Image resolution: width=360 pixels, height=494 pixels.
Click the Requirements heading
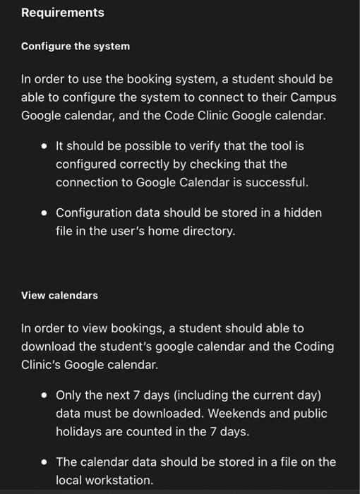62,13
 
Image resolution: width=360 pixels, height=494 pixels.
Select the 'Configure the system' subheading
76,46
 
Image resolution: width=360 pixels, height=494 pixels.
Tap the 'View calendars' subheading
59,295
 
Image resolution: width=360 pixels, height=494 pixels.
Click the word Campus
314,97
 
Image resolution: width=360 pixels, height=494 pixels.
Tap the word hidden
304,212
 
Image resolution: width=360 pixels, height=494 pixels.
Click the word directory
205,231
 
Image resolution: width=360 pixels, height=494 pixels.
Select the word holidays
79,431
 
